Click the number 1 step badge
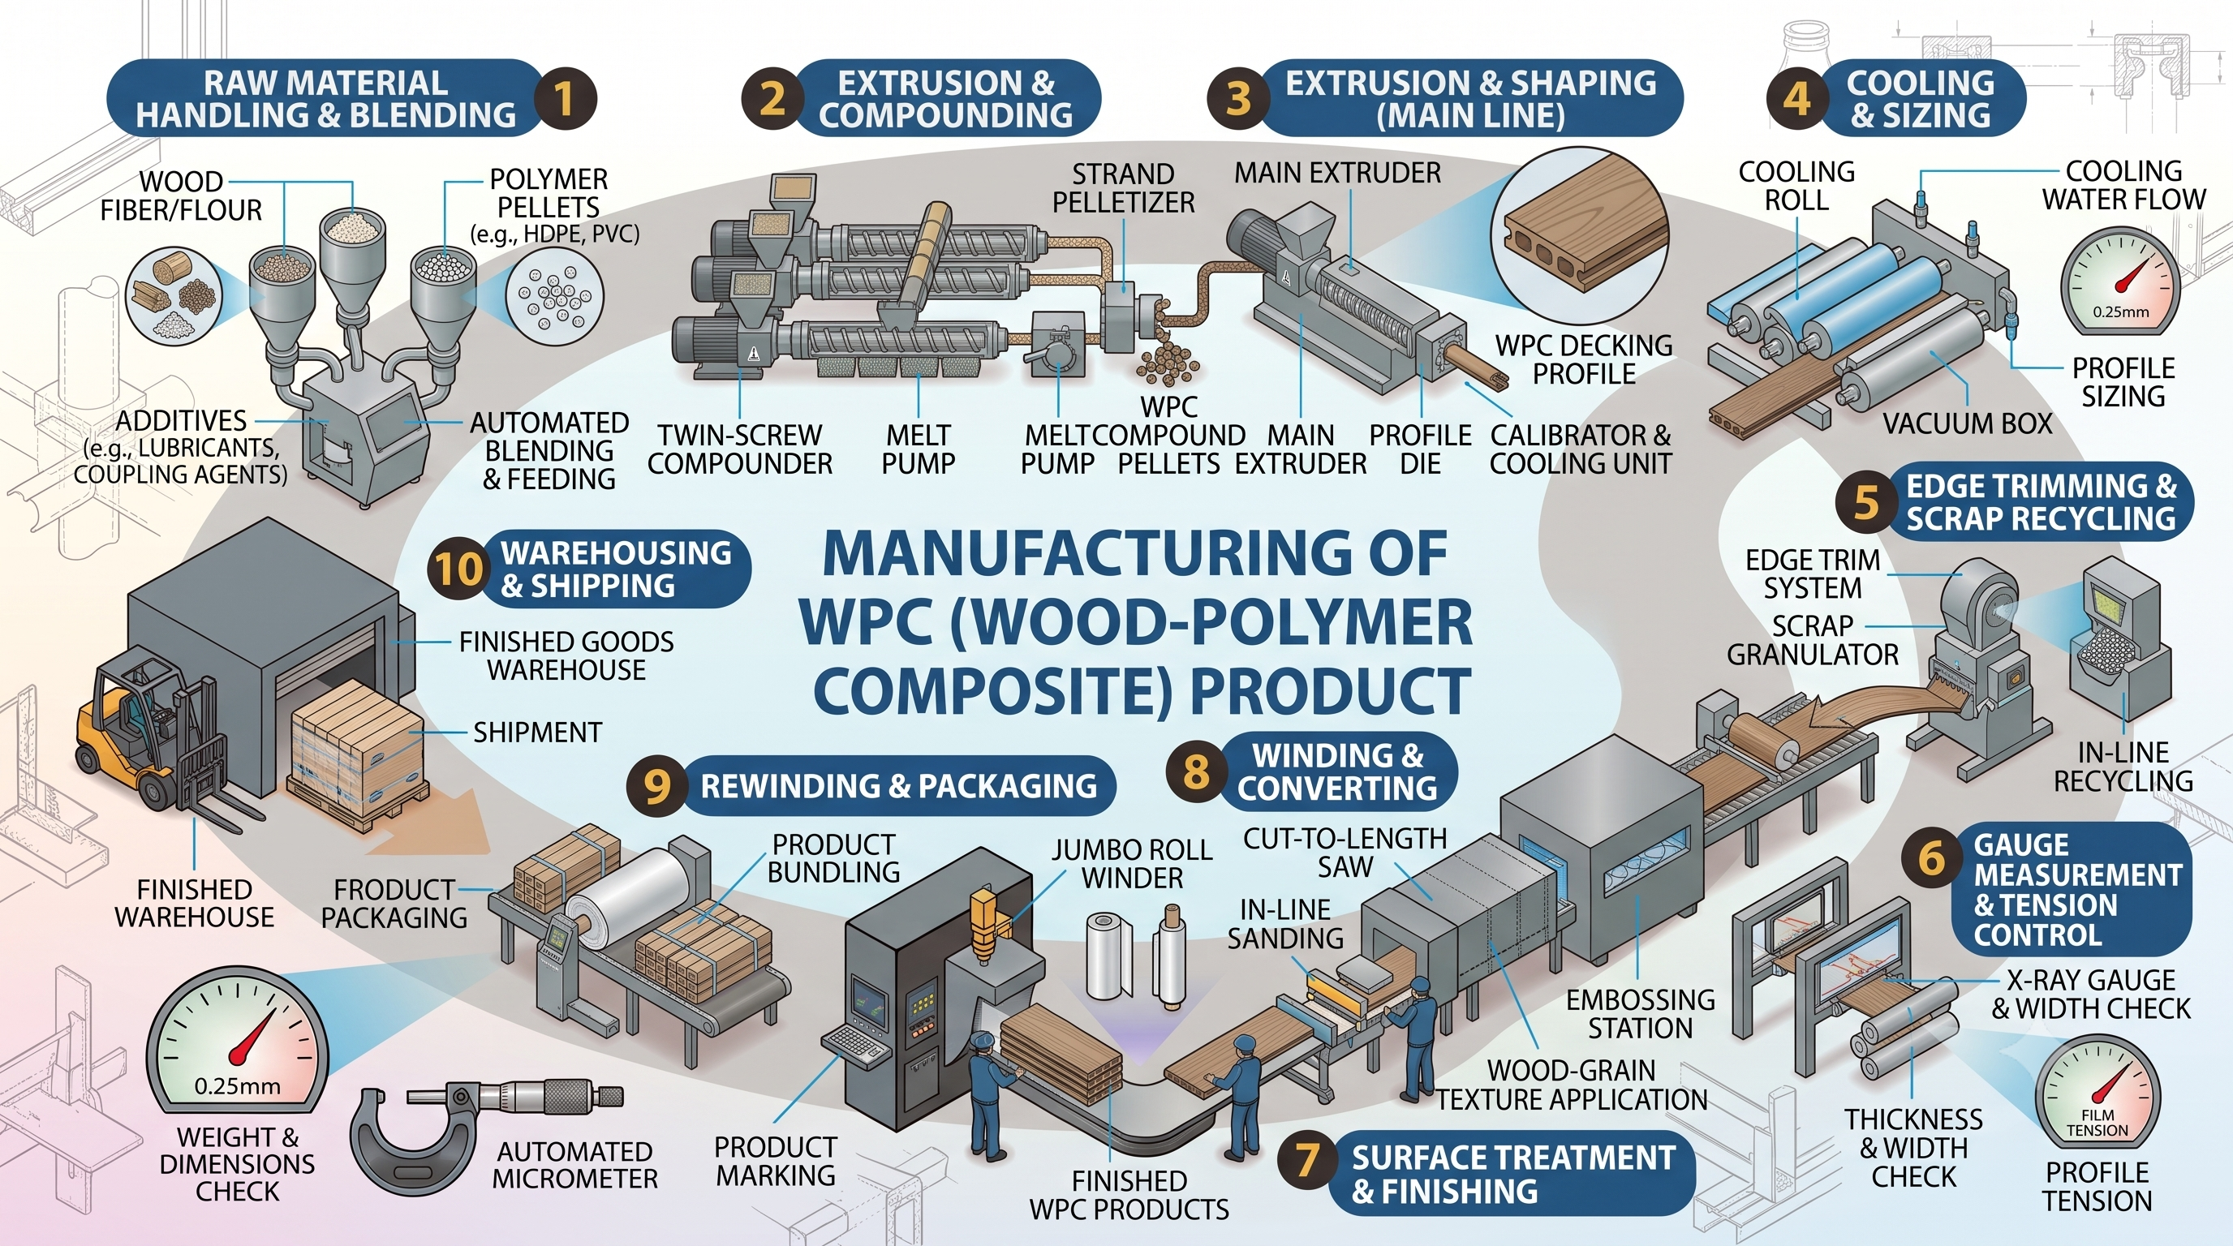point(564,98)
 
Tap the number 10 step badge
point(457,569)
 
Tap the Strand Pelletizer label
point(1124,188)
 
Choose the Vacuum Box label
point(1967,423)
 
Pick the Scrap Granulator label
point(1813,639)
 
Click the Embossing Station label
point(1640,1014)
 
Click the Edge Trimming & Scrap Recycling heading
point(2040,503)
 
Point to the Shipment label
point(537,733)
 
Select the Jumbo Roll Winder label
point(1132,864)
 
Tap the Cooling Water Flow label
point(2123,185)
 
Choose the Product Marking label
point(775,1161)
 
